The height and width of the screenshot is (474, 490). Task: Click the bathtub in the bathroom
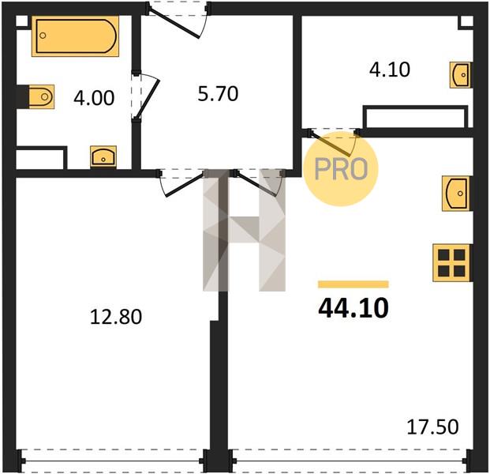click(75, 36)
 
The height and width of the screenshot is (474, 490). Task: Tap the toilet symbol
click(41, 96)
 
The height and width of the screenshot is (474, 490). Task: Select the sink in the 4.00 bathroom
click(103, 156)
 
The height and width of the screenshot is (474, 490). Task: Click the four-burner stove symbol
click(451, 263)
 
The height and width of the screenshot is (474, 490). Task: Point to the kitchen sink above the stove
click(455, 194)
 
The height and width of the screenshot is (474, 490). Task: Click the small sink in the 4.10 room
click(460, 75)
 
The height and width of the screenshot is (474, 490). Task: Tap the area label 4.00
click(94, 98)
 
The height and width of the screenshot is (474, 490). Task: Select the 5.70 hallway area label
click(218, 93)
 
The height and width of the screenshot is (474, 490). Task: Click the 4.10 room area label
click(389, 70)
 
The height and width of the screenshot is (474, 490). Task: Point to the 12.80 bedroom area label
click(116, 316)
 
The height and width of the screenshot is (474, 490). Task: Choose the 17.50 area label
click(433, 427)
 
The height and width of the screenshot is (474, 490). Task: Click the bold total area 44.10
click(353, 308)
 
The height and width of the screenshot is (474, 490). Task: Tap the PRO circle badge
click(341, 169)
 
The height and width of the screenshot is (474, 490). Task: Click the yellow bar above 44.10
click(353, 284)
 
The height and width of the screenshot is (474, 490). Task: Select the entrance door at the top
click(178, 19)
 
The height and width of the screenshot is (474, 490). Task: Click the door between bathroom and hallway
click(145, 97)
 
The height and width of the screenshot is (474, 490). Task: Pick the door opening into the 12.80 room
click(181, 183)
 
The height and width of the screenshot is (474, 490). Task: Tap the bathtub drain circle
click(43, 36)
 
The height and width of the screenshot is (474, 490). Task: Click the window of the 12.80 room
click(113, 461)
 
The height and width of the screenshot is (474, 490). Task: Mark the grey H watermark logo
click(244, 230)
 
